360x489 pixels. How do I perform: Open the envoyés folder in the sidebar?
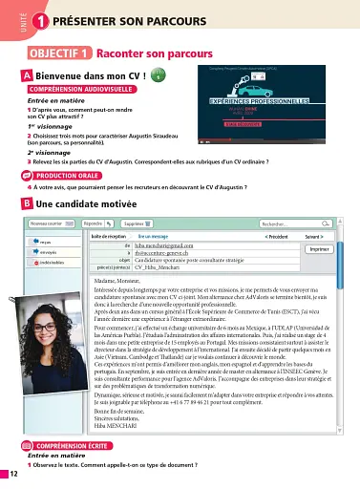click(x=48, y=253)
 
